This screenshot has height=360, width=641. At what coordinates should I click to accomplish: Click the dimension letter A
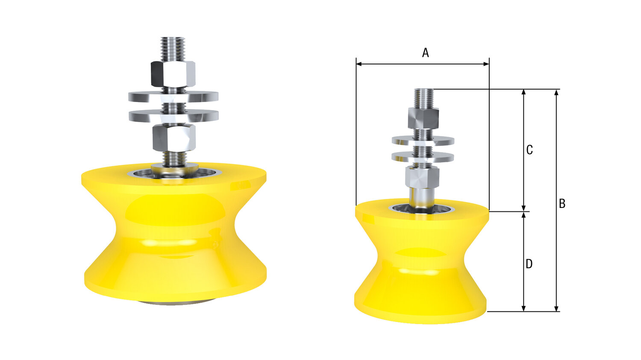pyautogui.click(x=426, y=53)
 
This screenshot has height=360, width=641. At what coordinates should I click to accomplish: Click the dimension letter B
pyautogui.click(x=562, y=204)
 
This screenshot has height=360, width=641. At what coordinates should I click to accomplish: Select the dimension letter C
pyautogui.click(x=529, y=150)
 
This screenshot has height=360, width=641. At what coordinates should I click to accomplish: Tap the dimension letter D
pyautogui.click(x=529, y=264)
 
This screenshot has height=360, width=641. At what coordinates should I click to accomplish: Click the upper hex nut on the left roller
pyautogui.click(x=173, y=74)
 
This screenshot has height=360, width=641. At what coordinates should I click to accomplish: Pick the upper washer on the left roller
pyautogui.click(x=173, y=97)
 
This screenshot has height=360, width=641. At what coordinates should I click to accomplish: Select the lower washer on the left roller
pyautogui.click(x=173, y=116)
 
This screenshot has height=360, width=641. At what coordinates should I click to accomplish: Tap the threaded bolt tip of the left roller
pyautogui.click(x=173, y=49)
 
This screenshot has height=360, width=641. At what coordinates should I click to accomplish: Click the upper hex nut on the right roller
pyautogui.click(x=423, y=118)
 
